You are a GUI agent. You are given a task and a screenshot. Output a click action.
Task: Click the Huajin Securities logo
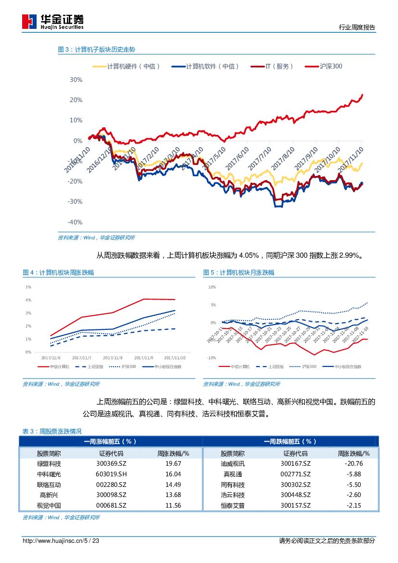[53, 22]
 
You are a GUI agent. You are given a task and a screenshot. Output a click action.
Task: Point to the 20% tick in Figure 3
[76, 100]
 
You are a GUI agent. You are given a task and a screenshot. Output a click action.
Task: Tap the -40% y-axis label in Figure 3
[75, 222]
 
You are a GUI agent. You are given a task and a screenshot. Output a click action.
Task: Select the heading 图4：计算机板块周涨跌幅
[58, 273]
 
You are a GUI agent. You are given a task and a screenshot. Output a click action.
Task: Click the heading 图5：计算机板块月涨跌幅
[239, 273]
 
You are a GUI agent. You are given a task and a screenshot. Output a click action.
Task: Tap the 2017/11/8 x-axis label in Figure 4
[113, 358]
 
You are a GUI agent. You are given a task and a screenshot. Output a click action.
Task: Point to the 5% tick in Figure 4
[28, 287]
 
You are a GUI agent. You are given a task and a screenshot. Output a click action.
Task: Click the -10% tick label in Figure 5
[211, 358]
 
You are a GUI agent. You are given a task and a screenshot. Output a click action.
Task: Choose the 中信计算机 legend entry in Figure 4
[60, 367]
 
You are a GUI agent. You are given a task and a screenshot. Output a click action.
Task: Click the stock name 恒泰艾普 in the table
[232, 505]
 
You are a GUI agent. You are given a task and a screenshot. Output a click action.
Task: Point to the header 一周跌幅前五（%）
[290, 441]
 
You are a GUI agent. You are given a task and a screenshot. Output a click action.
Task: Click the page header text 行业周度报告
[357, 27]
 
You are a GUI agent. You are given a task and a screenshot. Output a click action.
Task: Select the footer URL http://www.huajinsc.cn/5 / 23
[61, 541]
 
